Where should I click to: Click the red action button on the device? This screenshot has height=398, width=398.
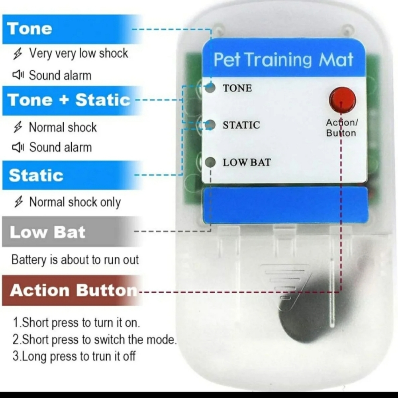pos(342,100)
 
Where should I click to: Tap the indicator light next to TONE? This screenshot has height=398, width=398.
pos(210,88)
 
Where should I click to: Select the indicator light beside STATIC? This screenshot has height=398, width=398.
pos(210,125)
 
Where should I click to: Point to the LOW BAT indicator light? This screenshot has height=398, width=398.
pos(210,162)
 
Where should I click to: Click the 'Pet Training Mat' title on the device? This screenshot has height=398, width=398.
pos(283,60)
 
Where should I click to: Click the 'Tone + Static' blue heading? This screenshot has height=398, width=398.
pos(69,100)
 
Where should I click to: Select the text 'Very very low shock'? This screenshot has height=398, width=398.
pos(78,53)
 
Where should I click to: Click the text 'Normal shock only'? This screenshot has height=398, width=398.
pos(75,202)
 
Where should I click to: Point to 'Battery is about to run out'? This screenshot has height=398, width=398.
pos(75,260)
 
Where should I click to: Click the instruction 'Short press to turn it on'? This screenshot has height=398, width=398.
pos(76,323)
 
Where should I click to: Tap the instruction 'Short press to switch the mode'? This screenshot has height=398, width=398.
pos(94,339)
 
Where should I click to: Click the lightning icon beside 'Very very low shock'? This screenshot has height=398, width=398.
pos(18,54)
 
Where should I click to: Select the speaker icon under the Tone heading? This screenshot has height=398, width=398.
pos(18,75)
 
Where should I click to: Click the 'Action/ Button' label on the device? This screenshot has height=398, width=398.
pos(341,128)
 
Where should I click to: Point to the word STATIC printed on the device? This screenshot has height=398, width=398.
pos(241,125)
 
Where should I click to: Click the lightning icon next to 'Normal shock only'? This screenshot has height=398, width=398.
pos(18,202)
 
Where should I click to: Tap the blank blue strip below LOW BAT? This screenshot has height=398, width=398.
pos(285,205)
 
